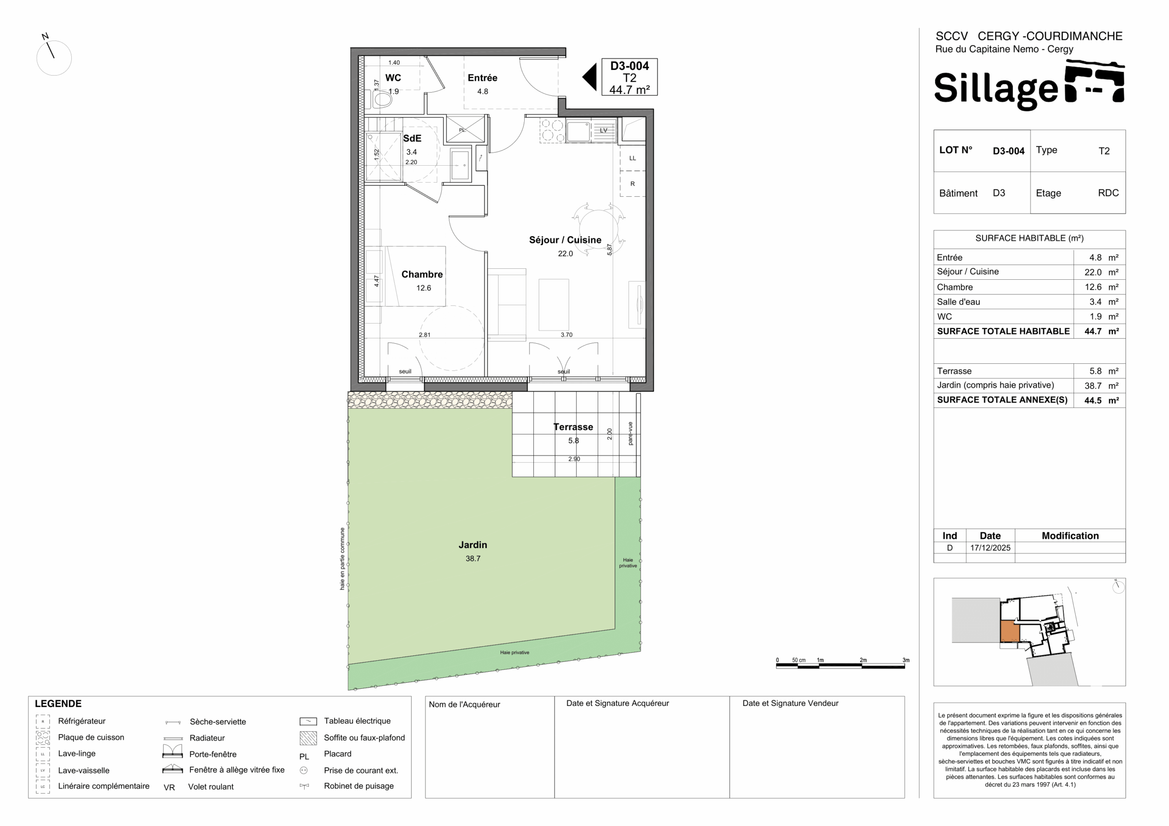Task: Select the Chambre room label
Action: (x=422, y=274)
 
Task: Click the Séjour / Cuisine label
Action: (x=565, y=240)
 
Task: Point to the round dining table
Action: (x=598, y=229)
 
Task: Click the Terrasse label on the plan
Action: (x=573, y=427)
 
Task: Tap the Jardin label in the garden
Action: (x=473, y=544)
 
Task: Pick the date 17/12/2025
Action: (x=990, y=548)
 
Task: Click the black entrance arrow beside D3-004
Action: (x=590, y=78)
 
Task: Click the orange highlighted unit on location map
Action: (x=1010, y=632)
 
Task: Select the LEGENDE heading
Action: (x=58, y=704)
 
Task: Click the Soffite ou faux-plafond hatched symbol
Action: (x=308, y=738)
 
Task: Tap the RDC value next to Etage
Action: (x=1108, y=193)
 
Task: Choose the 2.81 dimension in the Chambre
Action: (x=425, y=335)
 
